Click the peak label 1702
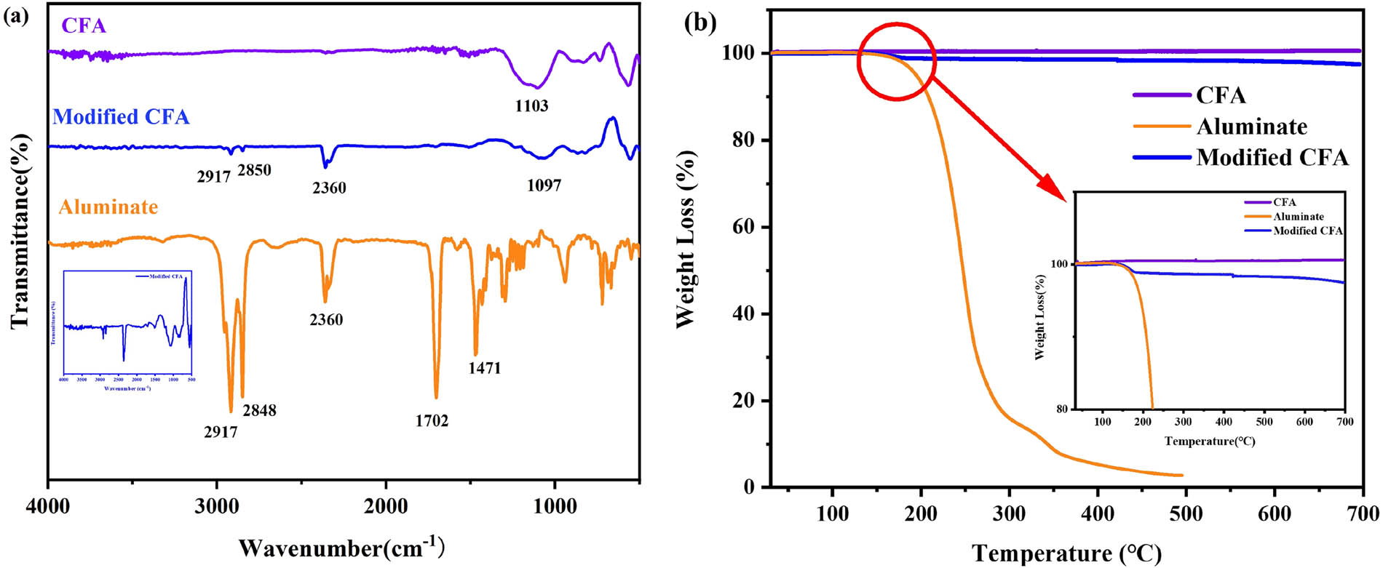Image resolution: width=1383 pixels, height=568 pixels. [x=432, y=420]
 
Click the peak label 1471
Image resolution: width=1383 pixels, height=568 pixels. [x=484, y=368]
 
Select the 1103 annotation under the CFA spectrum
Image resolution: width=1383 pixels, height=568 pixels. [x=531, y=106]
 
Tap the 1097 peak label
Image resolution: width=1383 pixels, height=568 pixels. [x=544, y=185]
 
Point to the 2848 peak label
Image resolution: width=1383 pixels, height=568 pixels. [x=259, y=410]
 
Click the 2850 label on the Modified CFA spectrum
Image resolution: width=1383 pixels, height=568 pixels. [x=254, y=170]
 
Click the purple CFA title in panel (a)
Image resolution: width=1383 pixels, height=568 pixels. [x=84, y=26]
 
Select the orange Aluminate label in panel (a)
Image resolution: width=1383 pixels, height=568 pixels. [x=108, y=207]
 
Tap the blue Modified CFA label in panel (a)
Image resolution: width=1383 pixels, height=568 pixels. [x=121, y=117]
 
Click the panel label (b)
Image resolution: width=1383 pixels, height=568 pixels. [x=700, y=22]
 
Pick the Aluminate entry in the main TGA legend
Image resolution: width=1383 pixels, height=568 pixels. [x=1251, y=127]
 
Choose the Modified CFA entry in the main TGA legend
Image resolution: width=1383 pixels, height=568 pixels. [x=1272, y=158]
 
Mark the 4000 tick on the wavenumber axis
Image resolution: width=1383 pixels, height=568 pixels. [x=48, y=506]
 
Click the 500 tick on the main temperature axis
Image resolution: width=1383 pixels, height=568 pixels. [x=1186, y=514]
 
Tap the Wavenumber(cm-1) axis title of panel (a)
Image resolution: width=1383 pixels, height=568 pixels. [x=341, y=547]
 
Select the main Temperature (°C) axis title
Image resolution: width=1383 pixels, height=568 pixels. [x=1066, y=553]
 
